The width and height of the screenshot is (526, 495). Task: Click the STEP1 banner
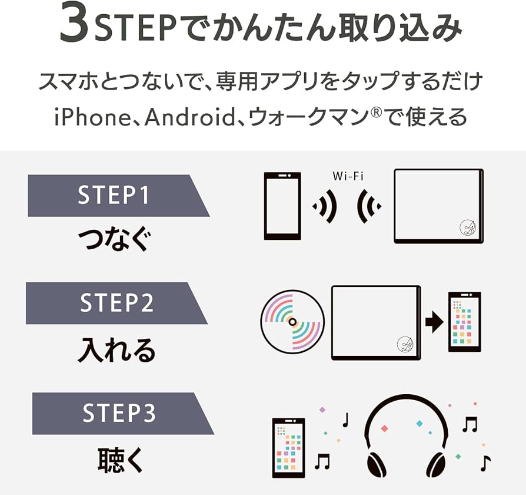click(115, 195)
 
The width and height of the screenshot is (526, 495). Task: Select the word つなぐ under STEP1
click(115, 241)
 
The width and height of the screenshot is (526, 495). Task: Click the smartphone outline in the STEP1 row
click(282, 206)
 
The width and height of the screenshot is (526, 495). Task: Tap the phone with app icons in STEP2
click(464, 322)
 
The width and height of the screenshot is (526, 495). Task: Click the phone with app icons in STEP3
click(288, 447)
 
